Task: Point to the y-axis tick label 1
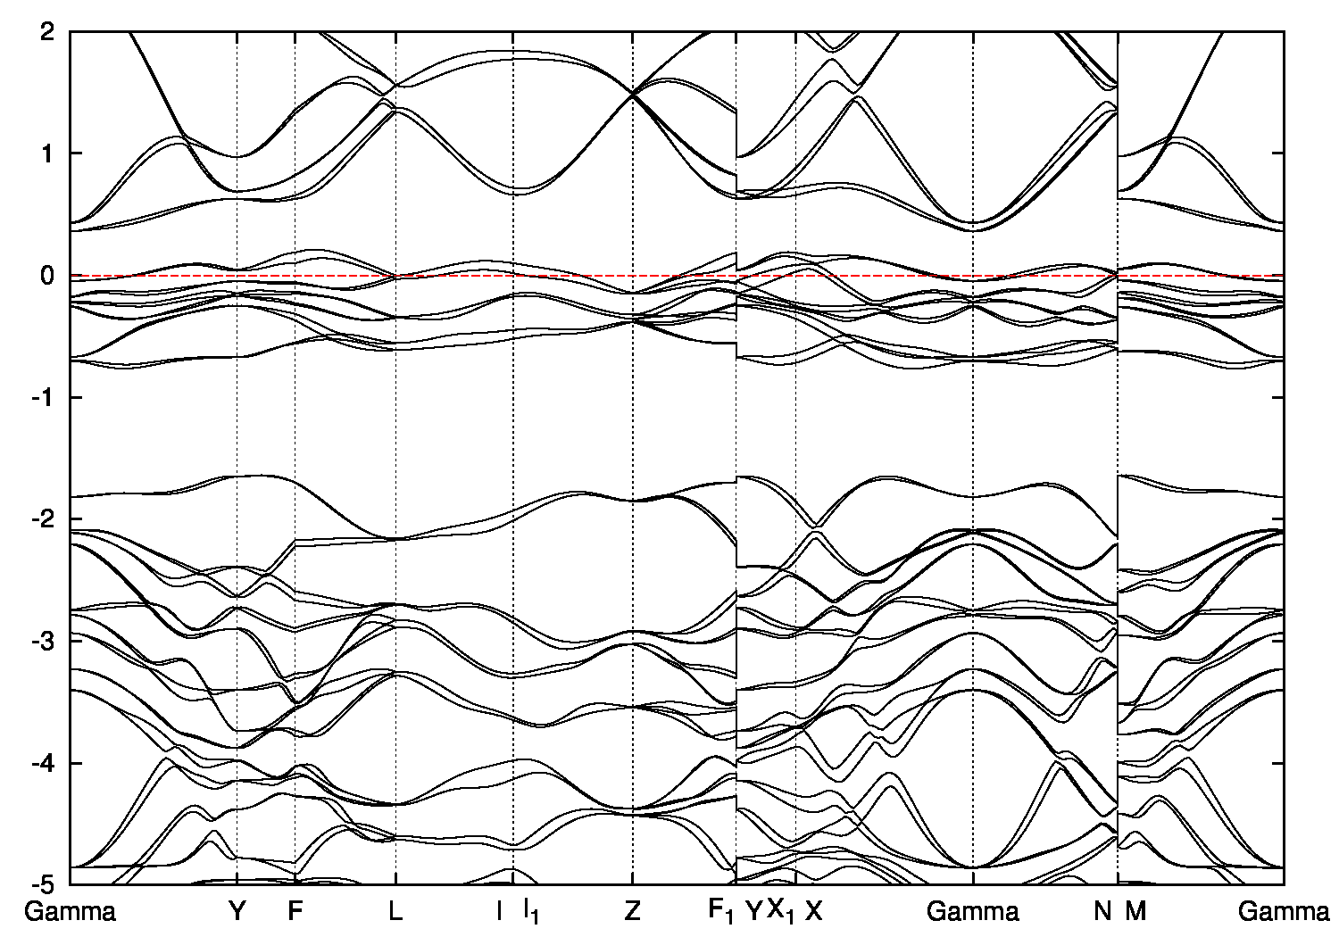[52, 153]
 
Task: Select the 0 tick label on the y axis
[52, 276]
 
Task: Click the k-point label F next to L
[295, 911]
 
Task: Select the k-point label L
[395, 911]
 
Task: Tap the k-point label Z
[632, 911]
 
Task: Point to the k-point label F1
[721, 912]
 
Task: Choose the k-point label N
[1103, 911]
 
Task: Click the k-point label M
[1135, 911]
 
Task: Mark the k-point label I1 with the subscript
[531, 912]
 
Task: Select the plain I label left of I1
[499, 911]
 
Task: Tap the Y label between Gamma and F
[237, 911]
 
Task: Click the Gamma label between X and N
[973, 911]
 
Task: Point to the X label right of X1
[814, 911]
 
